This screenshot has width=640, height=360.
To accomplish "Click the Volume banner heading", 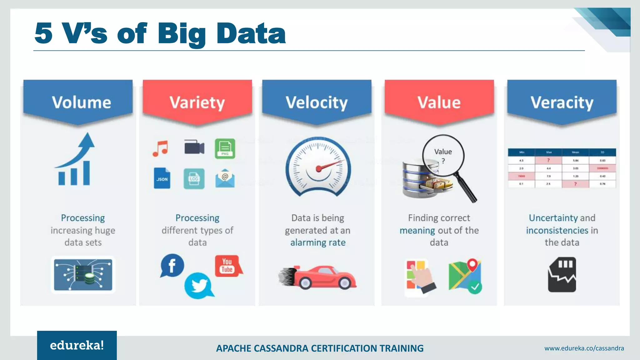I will click(x=81, y=102).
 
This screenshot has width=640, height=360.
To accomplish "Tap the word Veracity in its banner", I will click(x=562, y=102).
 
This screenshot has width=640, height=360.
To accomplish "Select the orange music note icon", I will click(x=160, y=148).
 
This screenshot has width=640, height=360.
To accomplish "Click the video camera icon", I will click(x=194, y=147).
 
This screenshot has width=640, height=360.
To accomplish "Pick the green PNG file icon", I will click(x=225, y=148).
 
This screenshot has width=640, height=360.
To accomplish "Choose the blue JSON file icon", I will click(x=162, y=178).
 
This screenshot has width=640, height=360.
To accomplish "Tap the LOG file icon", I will click(x=194, y=179).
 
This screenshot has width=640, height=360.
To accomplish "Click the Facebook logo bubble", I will click(x=172, y=266).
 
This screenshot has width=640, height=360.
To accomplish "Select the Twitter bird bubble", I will click(x=198, y=285).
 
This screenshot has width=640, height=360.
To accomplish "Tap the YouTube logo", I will click(x=227, y=266).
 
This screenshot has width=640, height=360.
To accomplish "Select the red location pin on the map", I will click(x=472, y=264).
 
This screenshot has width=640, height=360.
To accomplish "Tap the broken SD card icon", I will click(x=562, y=275).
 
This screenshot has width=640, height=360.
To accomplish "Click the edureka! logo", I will click(x=77, y=345).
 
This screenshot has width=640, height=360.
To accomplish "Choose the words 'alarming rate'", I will click(x=318, y=242).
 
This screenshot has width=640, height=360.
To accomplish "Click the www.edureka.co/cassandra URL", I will click(x=584, y=348).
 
